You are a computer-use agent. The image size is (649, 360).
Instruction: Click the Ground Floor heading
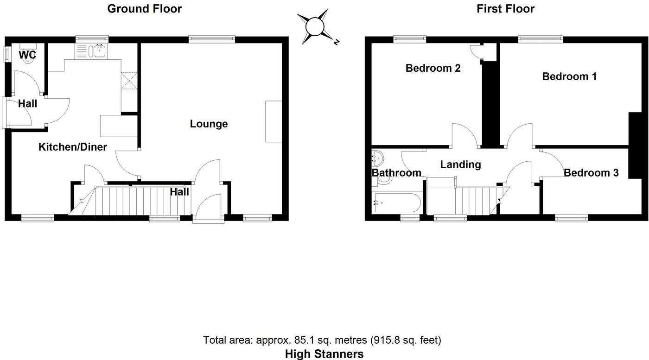coord(145,8)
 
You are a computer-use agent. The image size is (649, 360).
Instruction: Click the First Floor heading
coord(505,8)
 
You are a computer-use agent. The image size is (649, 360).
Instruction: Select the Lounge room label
coord(209,124)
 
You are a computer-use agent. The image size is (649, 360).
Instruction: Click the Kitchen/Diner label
coord(72,147)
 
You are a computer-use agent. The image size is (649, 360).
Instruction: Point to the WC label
coord(27,55)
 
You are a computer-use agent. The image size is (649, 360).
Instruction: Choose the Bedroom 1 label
coord(569,76)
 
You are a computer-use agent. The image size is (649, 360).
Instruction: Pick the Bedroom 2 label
coord(433,69)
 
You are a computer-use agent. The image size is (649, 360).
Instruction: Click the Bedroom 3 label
coord(591,173)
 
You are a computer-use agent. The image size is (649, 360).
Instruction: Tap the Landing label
coord(460,164)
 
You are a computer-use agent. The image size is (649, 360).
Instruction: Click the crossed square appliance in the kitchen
coord(129,81)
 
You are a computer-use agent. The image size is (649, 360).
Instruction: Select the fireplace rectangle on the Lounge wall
coord(273,121)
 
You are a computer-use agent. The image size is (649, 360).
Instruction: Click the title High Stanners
coord(324,354)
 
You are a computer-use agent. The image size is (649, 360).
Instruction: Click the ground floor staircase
coord(139,201)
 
